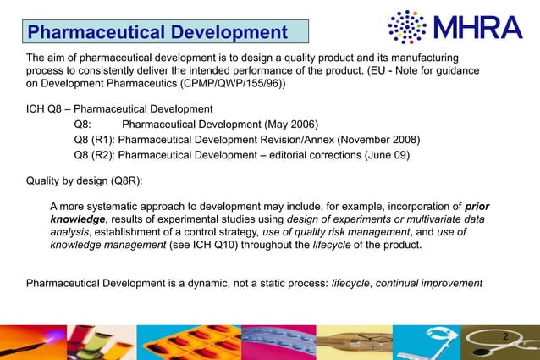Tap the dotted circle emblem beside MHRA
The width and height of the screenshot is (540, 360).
tap(405, 27)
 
